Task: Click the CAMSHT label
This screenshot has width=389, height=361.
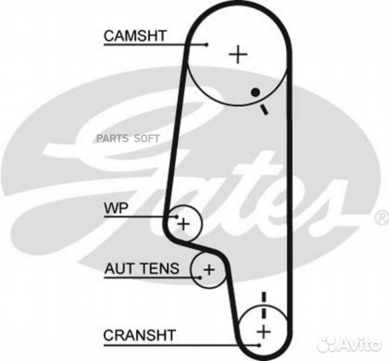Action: click(135, 36)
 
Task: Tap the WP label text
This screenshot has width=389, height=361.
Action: click(116, 208)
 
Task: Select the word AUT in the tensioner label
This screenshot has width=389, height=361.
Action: click(119, 268)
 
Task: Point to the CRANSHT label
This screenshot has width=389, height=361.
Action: click(140, 335)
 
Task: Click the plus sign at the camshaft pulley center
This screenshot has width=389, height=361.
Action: click(238, 54)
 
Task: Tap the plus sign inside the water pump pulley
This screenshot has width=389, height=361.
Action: click(183, 224)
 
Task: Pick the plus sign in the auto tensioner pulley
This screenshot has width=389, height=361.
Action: click(209, 269)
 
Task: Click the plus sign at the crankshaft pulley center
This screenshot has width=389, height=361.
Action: click(264, 332)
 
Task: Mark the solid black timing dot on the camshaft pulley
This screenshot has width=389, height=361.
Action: click(256, 93)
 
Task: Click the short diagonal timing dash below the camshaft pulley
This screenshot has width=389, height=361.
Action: click(264, 110)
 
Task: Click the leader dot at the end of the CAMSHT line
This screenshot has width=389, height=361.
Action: click(207, 45)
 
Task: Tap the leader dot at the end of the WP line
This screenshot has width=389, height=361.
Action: click(177, 217)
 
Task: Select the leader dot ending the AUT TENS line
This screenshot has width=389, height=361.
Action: click(200, 277)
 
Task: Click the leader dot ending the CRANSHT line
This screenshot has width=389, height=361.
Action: click(259, 345)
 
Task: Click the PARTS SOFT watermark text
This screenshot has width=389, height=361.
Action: click(128, 138)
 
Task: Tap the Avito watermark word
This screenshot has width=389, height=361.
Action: click(361, 344)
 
